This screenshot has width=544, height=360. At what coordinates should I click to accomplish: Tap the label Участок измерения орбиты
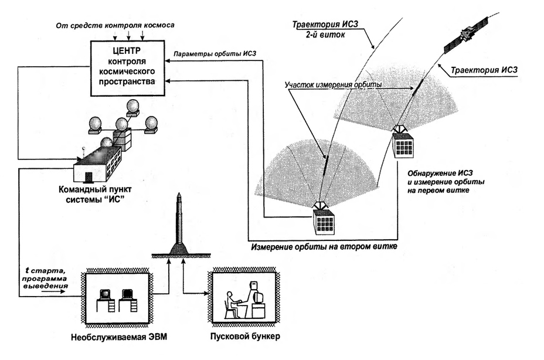click(x=332, y=84)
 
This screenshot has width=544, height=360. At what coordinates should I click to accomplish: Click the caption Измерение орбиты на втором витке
click(x=324, y=247)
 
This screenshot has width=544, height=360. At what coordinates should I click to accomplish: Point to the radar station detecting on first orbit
click(x=404, y=142)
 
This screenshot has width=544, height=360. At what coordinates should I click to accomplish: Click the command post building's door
click(x=88, y=176)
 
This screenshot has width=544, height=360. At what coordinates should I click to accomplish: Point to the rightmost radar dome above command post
click(x=152, y=124)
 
